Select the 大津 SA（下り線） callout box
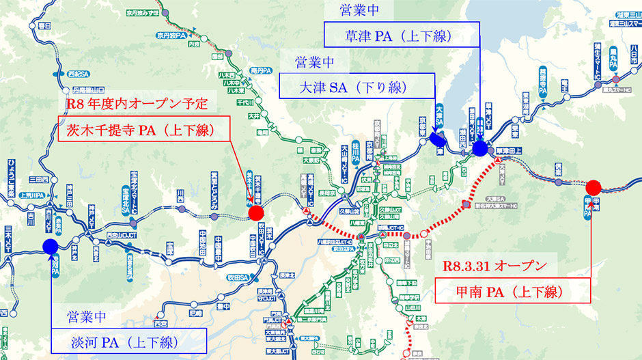point(357,87)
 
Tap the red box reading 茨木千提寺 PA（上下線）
point(144,130)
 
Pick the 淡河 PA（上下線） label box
point(128,342)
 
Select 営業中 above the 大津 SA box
point(314,62)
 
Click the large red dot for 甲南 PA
point(593,186)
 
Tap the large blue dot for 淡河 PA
point(51,247)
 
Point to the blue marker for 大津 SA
point(436,137)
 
